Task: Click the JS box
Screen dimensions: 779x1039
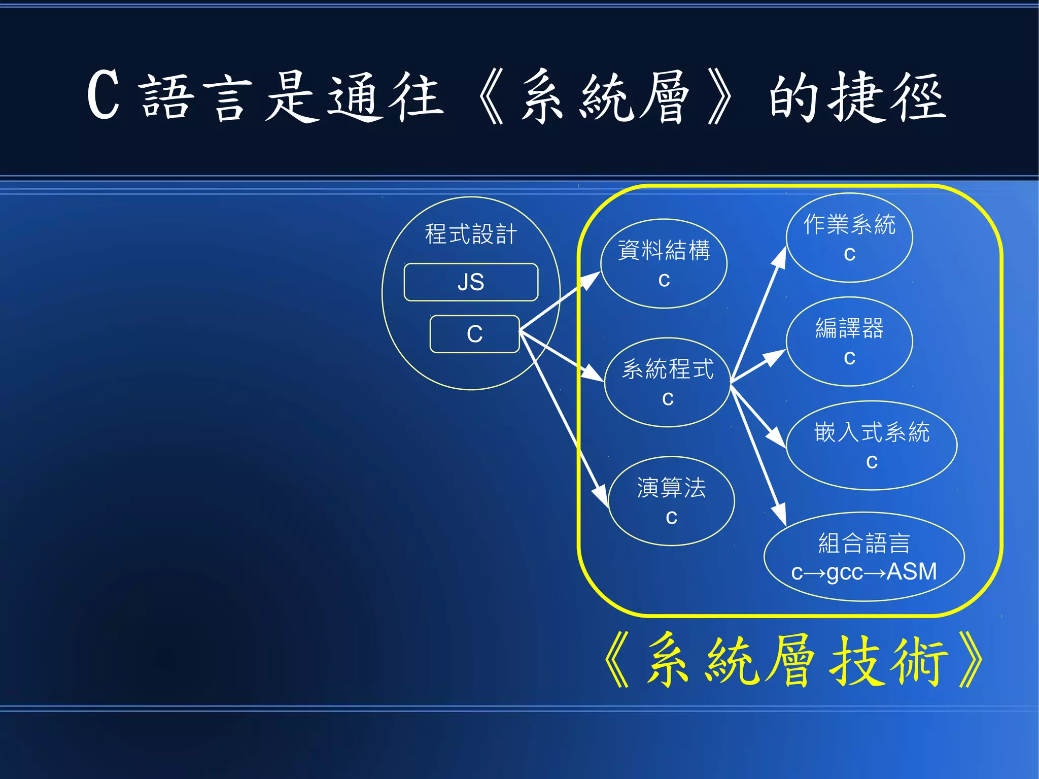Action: [x=471, y=282]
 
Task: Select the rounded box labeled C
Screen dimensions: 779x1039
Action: [x=474, y=334]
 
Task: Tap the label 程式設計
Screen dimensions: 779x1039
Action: [x=471, y=234]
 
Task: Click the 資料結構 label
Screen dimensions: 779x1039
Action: [x=664, y=250]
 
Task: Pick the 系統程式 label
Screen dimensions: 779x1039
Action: [x=668, y=369]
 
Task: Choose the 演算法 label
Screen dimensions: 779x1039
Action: [x=671, y=488]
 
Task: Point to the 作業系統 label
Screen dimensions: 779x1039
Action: [x=849, y=224]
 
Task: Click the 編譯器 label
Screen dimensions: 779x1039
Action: [x=849, y=328]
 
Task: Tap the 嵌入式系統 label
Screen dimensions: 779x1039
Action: [x=872, y=432]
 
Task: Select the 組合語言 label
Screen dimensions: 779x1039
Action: [x=864, y=543]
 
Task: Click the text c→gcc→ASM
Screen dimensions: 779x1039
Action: [x=864, y=572]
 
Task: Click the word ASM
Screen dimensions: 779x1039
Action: [x=912, y=571]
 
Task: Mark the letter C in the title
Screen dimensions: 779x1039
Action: [x=103, y=95]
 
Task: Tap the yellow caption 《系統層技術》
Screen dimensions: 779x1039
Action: [x=794, y=661]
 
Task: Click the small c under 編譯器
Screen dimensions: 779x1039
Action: [x=849, y=358]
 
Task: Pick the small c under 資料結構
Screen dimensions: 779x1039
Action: [x=664, y=280]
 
